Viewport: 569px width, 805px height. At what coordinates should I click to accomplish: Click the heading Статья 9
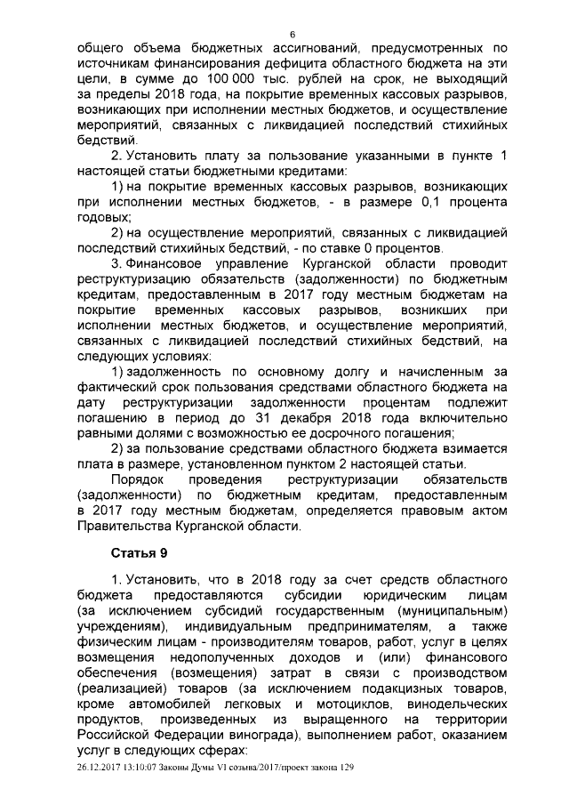[139, 552]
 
